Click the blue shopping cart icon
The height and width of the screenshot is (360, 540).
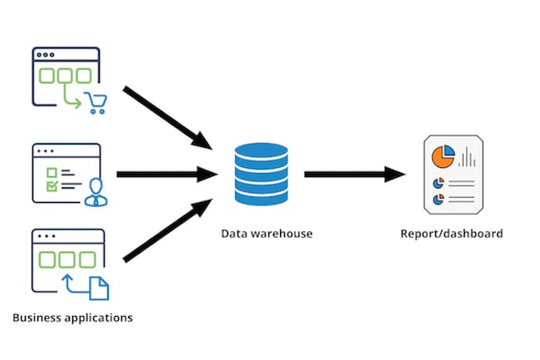click(97, 104)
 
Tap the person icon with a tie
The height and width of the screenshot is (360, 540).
click(97, 190)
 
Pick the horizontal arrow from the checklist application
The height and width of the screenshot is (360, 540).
click(166, 175)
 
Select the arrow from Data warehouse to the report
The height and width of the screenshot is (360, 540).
click(354, 175)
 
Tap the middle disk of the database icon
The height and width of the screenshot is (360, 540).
click(261, 174)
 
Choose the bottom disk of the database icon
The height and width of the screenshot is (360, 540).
click(261, 195)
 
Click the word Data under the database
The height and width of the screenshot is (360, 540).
click(233, 234)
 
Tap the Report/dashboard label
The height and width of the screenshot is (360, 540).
click(451, 234)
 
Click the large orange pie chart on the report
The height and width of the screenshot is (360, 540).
click(442, 155)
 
